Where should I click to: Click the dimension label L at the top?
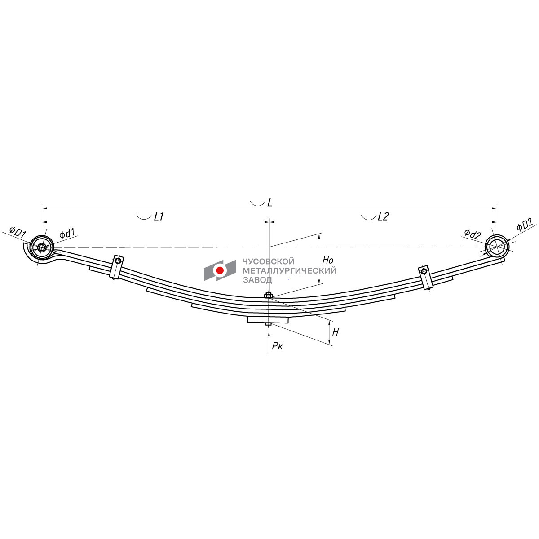[x=269, y=202]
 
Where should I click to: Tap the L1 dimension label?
[x=159, y=216]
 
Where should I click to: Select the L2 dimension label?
[x=383, y=216]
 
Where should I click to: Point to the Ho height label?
[x=328, y=260]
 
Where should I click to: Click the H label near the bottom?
[x=336, y=332]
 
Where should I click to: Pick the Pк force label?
[x=278, y=346]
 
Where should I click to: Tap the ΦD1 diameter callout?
[x=18, y=232]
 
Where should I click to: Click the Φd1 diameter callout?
[x=67, y=233]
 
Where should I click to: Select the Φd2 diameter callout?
[x=473, y=234]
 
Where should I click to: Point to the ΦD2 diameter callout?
[x=525, y=225]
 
